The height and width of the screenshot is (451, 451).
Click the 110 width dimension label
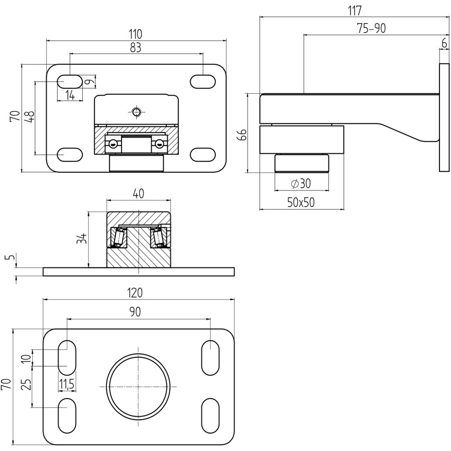pyautogui.click(x=136, y=33)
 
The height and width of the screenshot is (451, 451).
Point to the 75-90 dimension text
pyautogui.click(x=371, y=29)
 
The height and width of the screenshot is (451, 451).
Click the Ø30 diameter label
pyautogui.click(x=301, y=184)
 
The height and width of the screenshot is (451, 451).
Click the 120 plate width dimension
pyautogui.click(x=137, y=292)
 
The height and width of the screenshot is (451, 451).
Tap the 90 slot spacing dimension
pyautogui.click(x=135, y=312)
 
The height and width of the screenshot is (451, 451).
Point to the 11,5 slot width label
pyautogui.click(x=67, y=384)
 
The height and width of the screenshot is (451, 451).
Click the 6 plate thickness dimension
pyautogui.click(x=444, y=43)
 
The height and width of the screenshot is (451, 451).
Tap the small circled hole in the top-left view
pyautogui.click(x=137, y=112)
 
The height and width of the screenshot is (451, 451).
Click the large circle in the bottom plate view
pyautogui.click(x=138, y=387)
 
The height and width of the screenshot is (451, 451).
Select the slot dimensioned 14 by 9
pyautogui.click(x=70, y=81)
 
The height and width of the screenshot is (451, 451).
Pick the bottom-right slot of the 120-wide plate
pyautogui.click(x=211, y=417)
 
